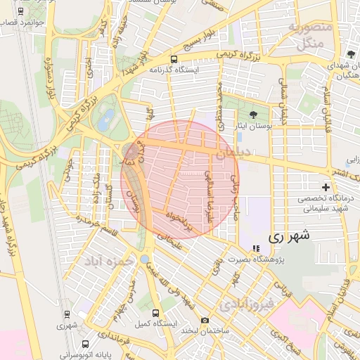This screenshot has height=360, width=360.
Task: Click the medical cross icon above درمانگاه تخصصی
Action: point(326,187)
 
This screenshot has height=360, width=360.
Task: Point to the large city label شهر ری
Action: point(288,236)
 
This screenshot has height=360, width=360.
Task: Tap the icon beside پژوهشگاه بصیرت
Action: point(255,248)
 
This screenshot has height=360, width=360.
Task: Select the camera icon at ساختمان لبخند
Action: point(205,321)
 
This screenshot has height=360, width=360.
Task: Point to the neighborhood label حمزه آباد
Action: point(109,262)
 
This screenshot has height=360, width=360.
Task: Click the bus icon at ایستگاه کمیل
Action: point(155,313)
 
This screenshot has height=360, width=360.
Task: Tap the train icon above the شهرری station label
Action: point(67,314)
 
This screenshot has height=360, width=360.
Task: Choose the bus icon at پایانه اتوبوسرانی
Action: point(85,345)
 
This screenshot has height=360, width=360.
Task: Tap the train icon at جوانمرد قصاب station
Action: point(20,12)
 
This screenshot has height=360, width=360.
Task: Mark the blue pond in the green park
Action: point(106,120)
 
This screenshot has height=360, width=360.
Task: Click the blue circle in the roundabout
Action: point(144,259)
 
